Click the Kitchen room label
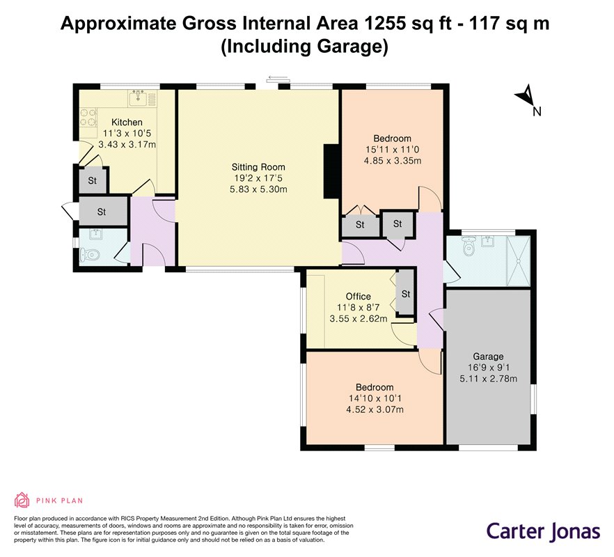click(x=127, y=123)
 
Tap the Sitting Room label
click(x=258, y=167)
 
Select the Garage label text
click(x=488, y=356)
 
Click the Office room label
click(x=359, y=297)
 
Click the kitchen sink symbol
click(x=138, y=98)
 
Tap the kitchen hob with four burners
click(x=88, y=118)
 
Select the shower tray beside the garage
click(x=519, y=261)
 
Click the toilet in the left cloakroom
click(x=89, y=255)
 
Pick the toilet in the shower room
click(x=469, y=245)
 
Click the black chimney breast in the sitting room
click(x=332, y=171)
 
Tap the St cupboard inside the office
click(x=406, y=293)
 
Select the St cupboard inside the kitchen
click(x=93, y=180)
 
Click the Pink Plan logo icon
click(x=22, y=500)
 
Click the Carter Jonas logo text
click(x=544, y=532)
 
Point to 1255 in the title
click(x=385, y=24)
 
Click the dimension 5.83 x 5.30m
click(x=258, y=189)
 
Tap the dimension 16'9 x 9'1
click(x=488, y=368)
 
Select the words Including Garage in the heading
click(x=305, y=46)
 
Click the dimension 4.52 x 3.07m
click(x=375, y=409)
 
